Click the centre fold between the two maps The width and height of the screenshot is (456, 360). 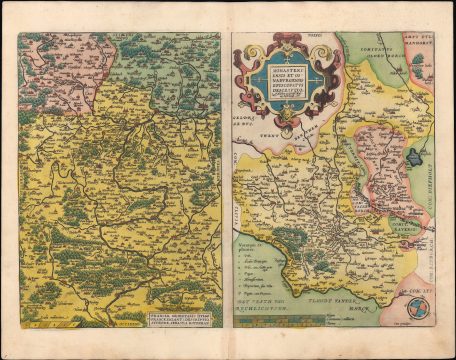pyautogui.click(x=227, y=180)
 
